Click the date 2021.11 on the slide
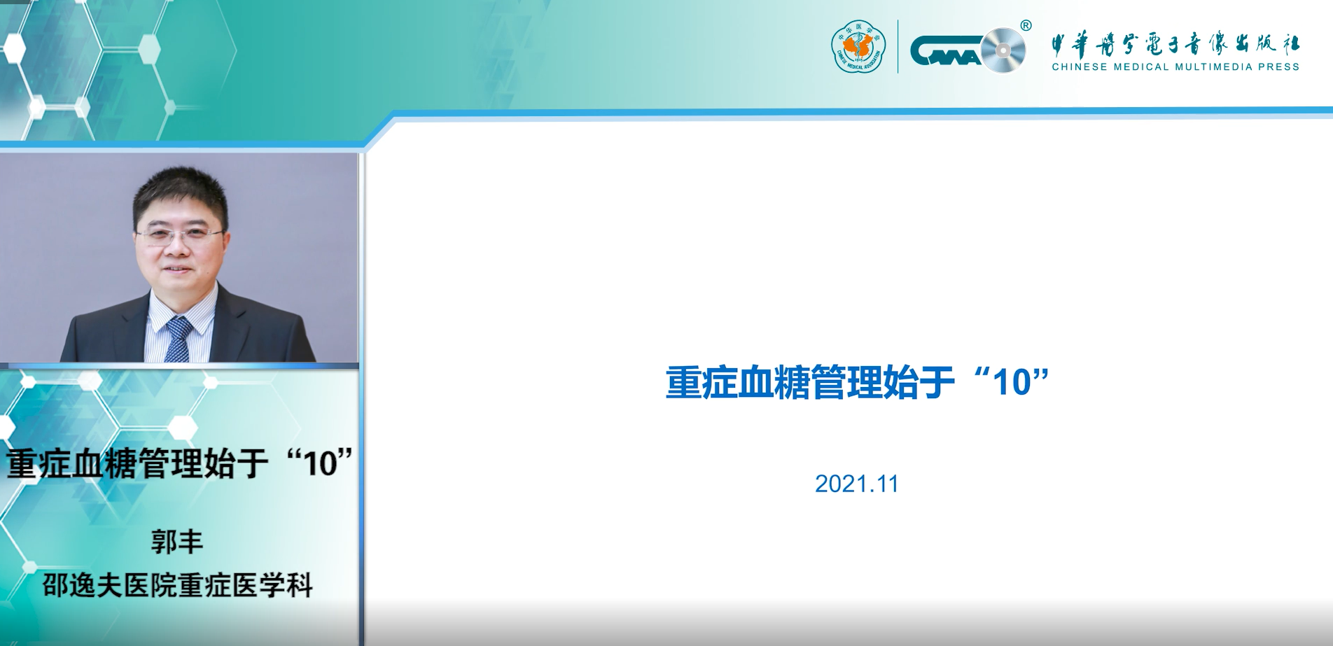[x=856, y=484]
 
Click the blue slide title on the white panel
[x=857, y=382]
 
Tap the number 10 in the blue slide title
[x=1012, y=383]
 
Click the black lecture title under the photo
[x=179, y=463]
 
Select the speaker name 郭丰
[x=177, y=542]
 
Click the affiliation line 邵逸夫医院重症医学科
[x=178, y=585]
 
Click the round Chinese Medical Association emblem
[x=858, y=47]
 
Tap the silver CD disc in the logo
[x=1003, y=50]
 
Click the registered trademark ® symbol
[x=1026, y=26]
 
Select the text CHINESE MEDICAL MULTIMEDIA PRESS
[x=1175, y=67]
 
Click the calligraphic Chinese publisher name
[x=1175, y=45]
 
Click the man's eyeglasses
[x=180, y=233]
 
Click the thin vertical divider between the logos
[x=898, y=47]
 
